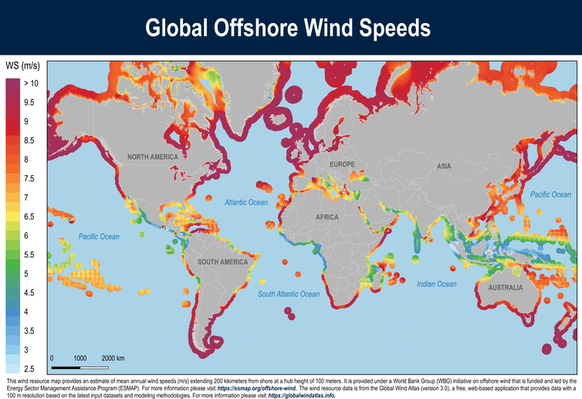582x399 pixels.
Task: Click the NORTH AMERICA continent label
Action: point(153,157)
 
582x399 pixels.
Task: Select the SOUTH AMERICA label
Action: point(222,262)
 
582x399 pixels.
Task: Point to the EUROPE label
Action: point(341,165)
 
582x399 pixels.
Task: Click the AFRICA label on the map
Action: point(327,217)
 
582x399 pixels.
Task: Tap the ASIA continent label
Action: point(444,167)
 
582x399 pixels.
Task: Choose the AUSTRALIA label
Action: point(501,288)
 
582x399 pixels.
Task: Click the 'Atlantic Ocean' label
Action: point(245,202)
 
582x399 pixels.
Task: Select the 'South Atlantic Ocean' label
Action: point(289,294)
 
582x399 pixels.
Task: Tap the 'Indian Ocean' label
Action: point(437,285)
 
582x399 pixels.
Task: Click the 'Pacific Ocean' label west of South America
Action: point(99,236)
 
